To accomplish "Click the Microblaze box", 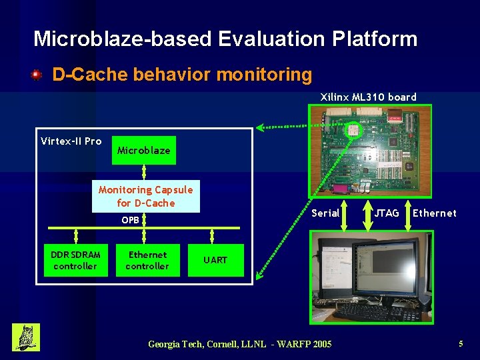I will [143, 150].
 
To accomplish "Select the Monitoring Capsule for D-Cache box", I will [146, 197].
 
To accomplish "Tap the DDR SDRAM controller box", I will [75, 261].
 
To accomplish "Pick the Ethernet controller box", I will [147, 261].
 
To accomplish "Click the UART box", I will [215, 260].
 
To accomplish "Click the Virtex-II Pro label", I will [71, 141].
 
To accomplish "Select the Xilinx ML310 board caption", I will [368, 97].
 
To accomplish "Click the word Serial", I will [325, 213].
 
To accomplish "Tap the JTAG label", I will [386, 213].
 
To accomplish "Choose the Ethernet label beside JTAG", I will [435, 213].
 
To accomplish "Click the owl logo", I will [26, 337].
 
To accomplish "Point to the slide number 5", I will [461, 344].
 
